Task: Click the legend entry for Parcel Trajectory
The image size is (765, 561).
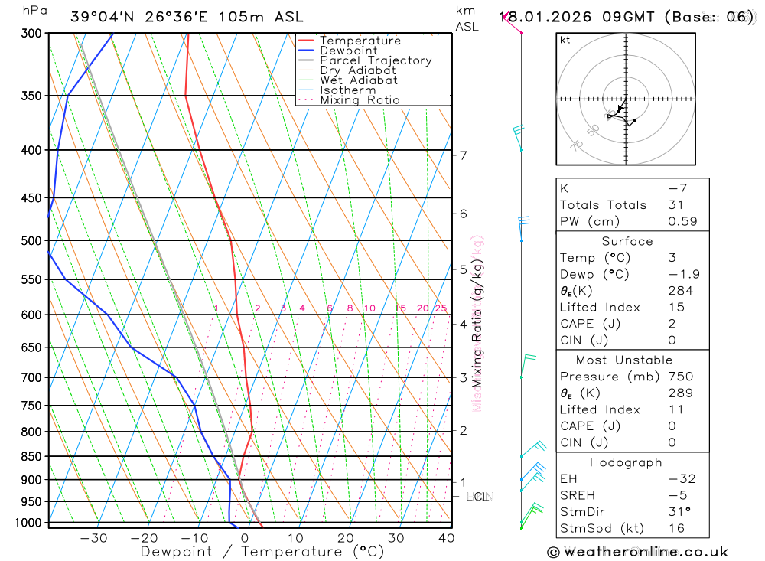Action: [376, 60]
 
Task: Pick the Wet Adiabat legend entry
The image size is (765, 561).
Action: [359, 80]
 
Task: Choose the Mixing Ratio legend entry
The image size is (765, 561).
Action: [360, 100]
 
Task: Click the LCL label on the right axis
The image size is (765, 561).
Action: [477, 497]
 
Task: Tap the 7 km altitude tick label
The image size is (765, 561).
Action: [464, 155]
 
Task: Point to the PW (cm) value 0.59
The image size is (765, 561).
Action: [682, 221]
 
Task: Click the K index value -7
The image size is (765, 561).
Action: [675, 188]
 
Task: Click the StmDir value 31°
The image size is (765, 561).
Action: [679, 511]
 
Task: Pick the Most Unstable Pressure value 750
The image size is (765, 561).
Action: [680, 377]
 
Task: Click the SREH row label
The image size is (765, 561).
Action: [577, 495]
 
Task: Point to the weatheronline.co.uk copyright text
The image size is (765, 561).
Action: [637, 552]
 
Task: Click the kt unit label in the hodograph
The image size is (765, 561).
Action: [565, 40]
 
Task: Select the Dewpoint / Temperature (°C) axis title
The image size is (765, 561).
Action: [262, 551]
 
